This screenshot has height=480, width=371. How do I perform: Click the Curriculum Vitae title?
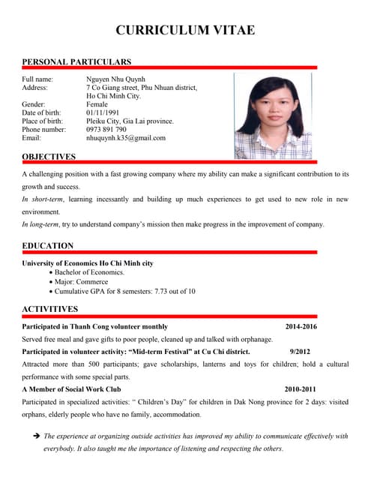185,30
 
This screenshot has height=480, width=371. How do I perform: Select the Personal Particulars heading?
76,61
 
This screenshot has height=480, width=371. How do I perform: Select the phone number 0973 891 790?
106,129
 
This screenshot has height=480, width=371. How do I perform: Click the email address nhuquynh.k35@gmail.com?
126,138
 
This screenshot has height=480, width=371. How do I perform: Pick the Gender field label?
34,104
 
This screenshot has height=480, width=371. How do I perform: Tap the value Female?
98,104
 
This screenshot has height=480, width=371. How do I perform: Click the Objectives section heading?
49,157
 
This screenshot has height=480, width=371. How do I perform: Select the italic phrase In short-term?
43,199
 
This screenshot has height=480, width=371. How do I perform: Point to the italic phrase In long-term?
42,224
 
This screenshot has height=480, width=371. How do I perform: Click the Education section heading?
48,246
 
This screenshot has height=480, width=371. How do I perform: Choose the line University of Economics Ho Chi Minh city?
88,263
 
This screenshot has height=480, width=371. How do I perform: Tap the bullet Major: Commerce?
82,282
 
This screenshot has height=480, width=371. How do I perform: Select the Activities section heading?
50,309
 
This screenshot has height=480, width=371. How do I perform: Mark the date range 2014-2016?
301,327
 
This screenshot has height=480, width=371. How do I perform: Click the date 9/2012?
300,351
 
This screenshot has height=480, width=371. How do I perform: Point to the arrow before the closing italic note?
35,436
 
